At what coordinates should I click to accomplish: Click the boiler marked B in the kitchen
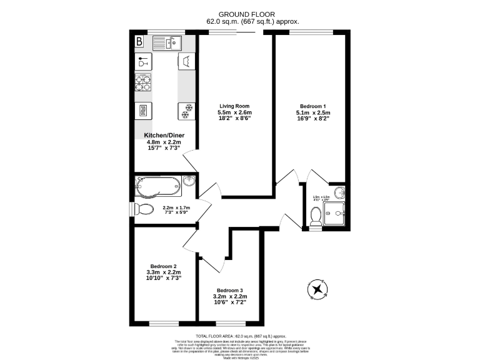point(139,42)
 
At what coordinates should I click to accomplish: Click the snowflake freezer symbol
point(186,111)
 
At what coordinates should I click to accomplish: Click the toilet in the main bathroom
point(144,208)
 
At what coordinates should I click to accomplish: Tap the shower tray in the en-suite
point(335,212)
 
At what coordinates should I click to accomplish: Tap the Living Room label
point(234,106)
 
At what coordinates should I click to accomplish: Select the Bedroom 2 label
point(163,266)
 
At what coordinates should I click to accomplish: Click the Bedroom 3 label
point(230,290)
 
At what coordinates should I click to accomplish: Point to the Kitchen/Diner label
point(163,135)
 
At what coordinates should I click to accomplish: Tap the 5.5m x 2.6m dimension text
point(234,112)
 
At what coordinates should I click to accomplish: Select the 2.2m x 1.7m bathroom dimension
point(176,207)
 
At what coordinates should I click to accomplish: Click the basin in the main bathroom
point(190,182)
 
